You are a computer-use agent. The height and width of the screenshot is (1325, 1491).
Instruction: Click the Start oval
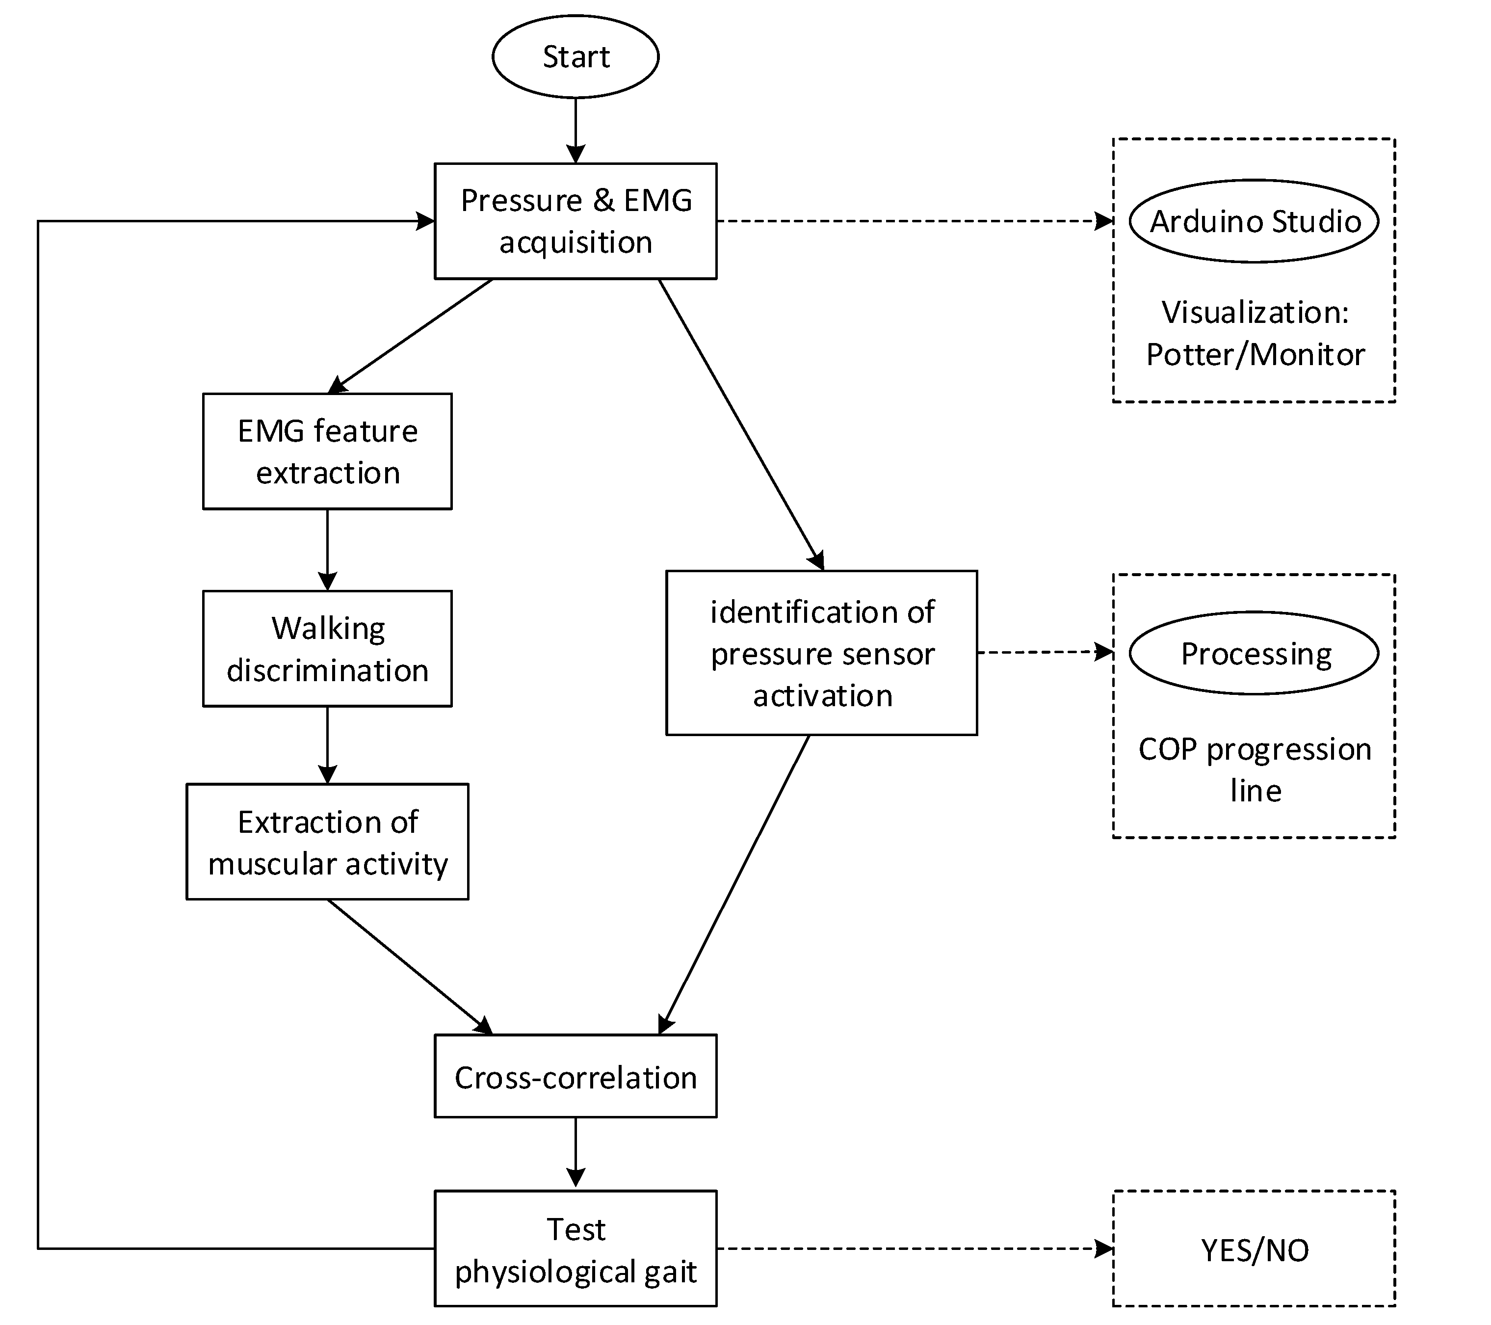click(x=575, y=56)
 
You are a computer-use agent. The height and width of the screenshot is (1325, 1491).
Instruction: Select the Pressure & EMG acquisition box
click(x=575, y=220)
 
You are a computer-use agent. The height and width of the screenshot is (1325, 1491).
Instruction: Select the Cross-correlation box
click(x=575, y=1076)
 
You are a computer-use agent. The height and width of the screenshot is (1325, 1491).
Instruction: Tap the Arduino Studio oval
click(x=1254, y=221)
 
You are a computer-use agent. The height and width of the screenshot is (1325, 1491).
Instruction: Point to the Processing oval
click(x=1254, y=653)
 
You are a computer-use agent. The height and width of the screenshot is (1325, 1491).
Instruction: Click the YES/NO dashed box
click(x=1254, y=1249)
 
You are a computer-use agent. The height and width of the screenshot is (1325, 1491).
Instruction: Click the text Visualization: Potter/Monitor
click(x=1254, y=333)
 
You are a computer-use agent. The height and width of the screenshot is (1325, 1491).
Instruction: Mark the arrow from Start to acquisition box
click(x=575, y=130)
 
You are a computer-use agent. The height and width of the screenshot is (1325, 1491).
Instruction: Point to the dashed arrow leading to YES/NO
click(x=912, y=1248)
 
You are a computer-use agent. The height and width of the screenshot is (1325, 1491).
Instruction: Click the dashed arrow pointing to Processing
click(x=1043, y=652)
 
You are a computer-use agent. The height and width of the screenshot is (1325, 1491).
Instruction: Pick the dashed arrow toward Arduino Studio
click(x=912, y=221)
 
